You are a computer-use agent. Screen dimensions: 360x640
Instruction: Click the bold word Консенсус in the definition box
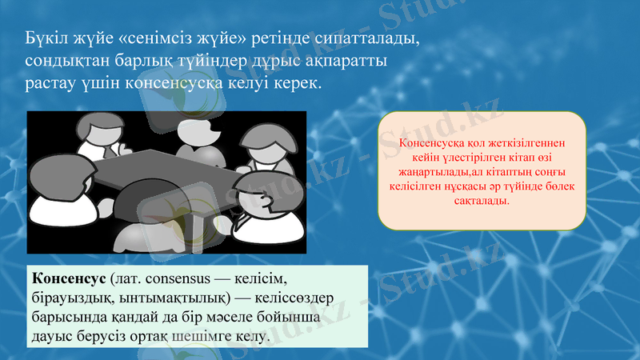(69, 280)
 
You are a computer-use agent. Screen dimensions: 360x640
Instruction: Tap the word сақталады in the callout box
(482, 200)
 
